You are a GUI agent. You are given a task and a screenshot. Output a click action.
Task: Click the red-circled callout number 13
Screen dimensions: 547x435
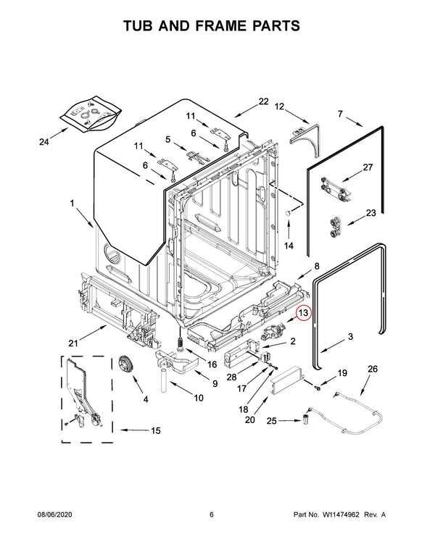point(304,314)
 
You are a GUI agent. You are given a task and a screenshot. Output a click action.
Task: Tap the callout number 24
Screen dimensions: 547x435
point(44,142)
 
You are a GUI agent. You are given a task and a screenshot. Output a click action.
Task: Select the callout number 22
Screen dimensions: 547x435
point(263,101)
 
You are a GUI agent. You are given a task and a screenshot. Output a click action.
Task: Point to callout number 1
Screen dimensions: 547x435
point(72,204)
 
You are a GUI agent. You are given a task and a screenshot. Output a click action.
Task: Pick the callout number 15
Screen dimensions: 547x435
point(155,430)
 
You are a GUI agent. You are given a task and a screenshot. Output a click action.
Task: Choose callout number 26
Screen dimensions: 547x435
point(373,369)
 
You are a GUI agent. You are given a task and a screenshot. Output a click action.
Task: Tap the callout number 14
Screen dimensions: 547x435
point(289,246)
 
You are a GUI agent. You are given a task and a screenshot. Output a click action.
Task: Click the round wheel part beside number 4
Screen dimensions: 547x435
point(128,367)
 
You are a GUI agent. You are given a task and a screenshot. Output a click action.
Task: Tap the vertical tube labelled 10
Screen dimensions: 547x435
point(164,381)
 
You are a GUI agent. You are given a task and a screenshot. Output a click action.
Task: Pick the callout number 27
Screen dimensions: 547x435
point(368,167)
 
